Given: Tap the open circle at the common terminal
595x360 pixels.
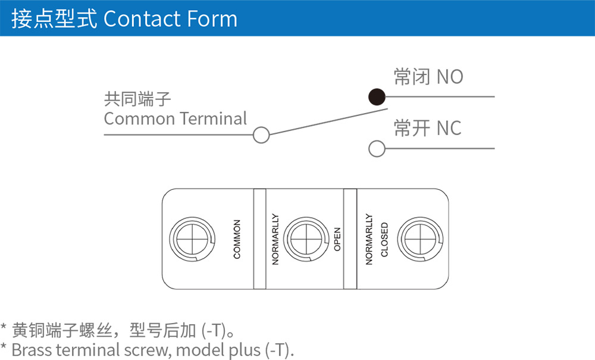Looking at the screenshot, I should (261, 135).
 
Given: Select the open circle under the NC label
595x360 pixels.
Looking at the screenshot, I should (377, 149).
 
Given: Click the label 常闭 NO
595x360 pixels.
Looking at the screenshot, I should (428, 77).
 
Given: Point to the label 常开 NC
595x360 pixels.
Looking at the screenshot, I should (428, 128).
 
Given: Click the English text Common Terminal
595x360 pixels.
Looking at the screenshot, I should (175, 118).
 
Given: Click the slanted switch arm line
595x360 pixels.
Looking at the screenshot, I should (327, 122).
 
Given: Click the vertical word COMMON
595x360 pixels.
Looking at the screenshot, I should (237, 239).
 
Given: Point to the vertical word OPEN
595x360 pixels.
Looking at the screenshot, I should (337, 239).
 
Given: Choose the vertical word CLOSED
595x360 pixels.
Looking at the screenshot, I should (384, 239).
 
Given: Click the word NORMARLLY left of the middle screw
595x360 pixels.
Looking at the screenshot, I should (275, 239).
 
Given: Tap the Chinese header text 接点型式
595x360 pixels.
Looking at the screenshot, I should (54, 19).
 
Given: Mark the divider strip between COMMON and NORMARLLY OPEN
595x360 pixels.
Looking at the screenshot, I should (260, 239).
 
